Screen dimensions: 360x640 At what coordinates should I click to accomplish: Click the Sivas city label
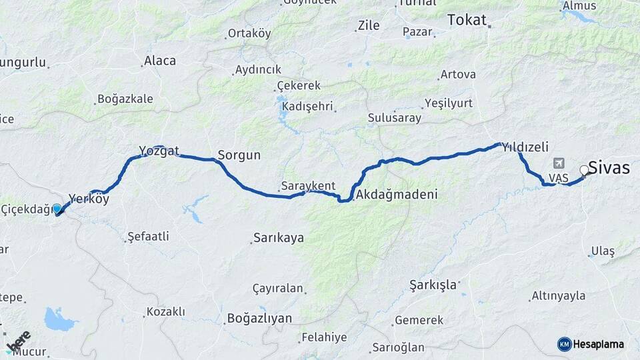click(x=609, y=168)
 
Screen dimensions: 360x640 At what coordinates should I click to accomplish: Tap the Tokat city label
click(x=467, y=19)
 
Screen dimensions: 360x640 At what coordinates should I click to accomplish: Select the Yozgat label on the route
click(x=159, y=151)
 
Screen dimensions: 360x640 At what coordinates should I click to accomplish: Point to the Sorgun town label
click(x=239, y=155)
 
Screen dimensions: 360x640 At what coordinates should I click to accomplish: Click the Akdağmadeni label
click(x=397, y=195)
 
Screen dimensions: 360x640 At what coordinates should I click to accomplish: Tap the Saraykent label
click(x=308, y=186)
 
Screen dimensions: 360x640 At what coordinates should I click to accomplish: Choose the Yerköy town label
click(x=89, y=199)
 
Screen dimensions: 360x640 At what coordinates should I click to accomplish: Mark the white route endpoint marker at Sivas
click(x=585, y=170)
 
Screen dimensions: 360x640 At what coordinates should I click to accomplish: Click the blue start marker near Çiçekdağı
click(x=57, y=209)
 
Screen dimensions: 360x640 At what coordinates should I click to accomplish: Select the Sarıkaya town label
click(x=278, y=238)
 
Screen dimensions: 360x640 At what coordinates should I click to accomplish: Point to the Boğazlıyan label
click(x=259, y=318)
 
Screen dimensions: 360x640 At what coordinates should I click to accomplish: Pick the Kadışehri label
click(x=308, y=107)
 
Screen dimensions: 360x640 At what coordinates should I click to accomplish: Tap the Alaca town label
click(x=159, y=61)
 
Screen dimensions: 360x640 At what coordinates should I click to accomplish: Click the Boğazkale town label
click(x=125, y=99)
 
